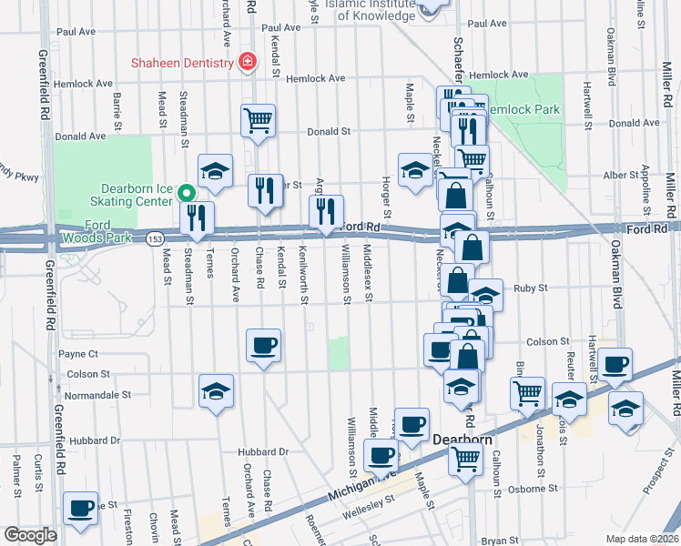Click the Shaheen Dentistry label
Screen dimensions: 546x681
pyautogui.click(x=181, y=62)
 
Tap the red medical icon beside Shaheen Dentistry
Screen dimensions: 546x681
pyautogui.click(x=246, y=62)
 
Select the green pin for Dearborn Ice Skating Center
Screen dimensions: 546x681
pyautogui.click(x=187, y=193)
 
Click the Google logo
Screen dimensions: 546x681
pyautogui.click(x=30, y=535)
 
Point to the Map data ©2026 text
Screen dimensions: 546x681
pyautogui.click(x=641, y=539)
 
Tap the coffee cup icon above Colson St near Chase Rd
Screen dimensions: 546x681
pyautogui.click(x=264, y=345)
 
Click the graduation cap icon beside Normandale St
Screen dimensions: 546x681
pyautogui.click(x=216, y=390)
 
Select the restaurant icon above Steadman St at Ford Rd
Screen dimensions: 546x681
pyautogui.click(x=197, y=217)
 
